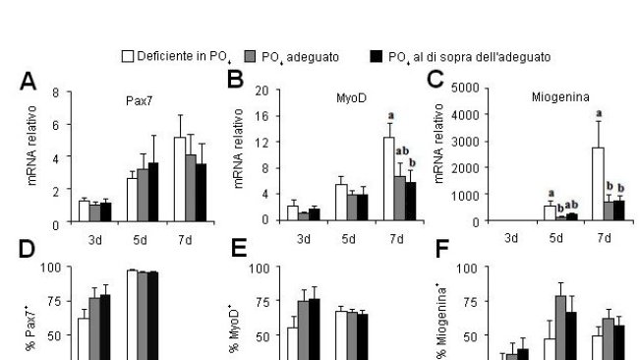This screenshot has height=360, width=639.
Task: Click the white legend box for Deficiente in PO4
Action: [127, 56]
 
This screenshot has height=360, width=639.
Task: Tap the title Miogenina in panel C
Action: [556, 99]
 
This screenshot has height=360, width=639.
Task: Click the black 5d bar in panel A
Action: [152, 193]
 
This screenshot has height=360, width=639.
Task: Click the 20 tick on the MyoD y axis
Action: [262, 90]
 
